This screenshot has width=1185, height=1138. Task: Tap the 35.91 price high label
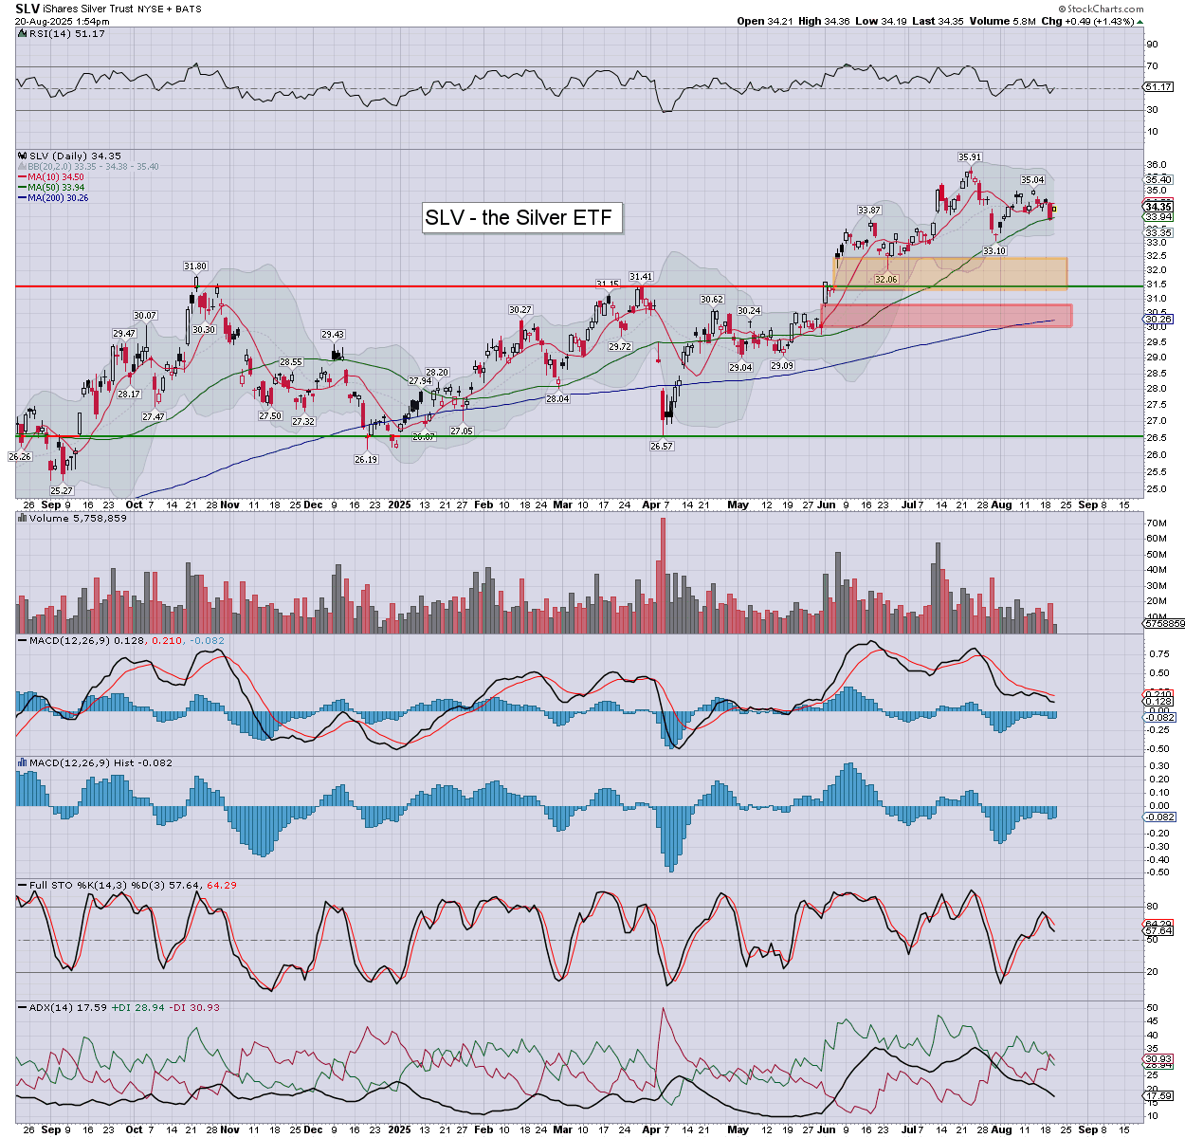969,157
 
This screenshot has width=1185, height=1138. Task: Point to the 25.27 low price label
62,490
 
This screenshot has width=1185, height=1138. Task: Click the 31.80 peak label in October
195,266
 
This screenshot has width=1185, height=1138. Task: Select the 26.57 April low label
662,446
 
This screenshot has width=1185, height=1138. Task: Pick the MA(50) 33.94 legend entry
54,187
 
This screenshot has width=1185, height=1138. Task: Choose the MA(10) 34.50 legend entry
54,176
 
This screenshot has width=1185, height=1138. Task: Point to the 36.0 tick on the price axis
1156,165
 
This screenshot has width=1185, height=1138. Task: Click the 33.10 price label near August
994,250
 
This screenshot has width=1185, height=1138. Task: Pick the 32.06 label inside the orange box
885,280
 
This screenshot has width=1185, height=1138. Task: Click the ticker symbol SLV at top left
27,9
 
